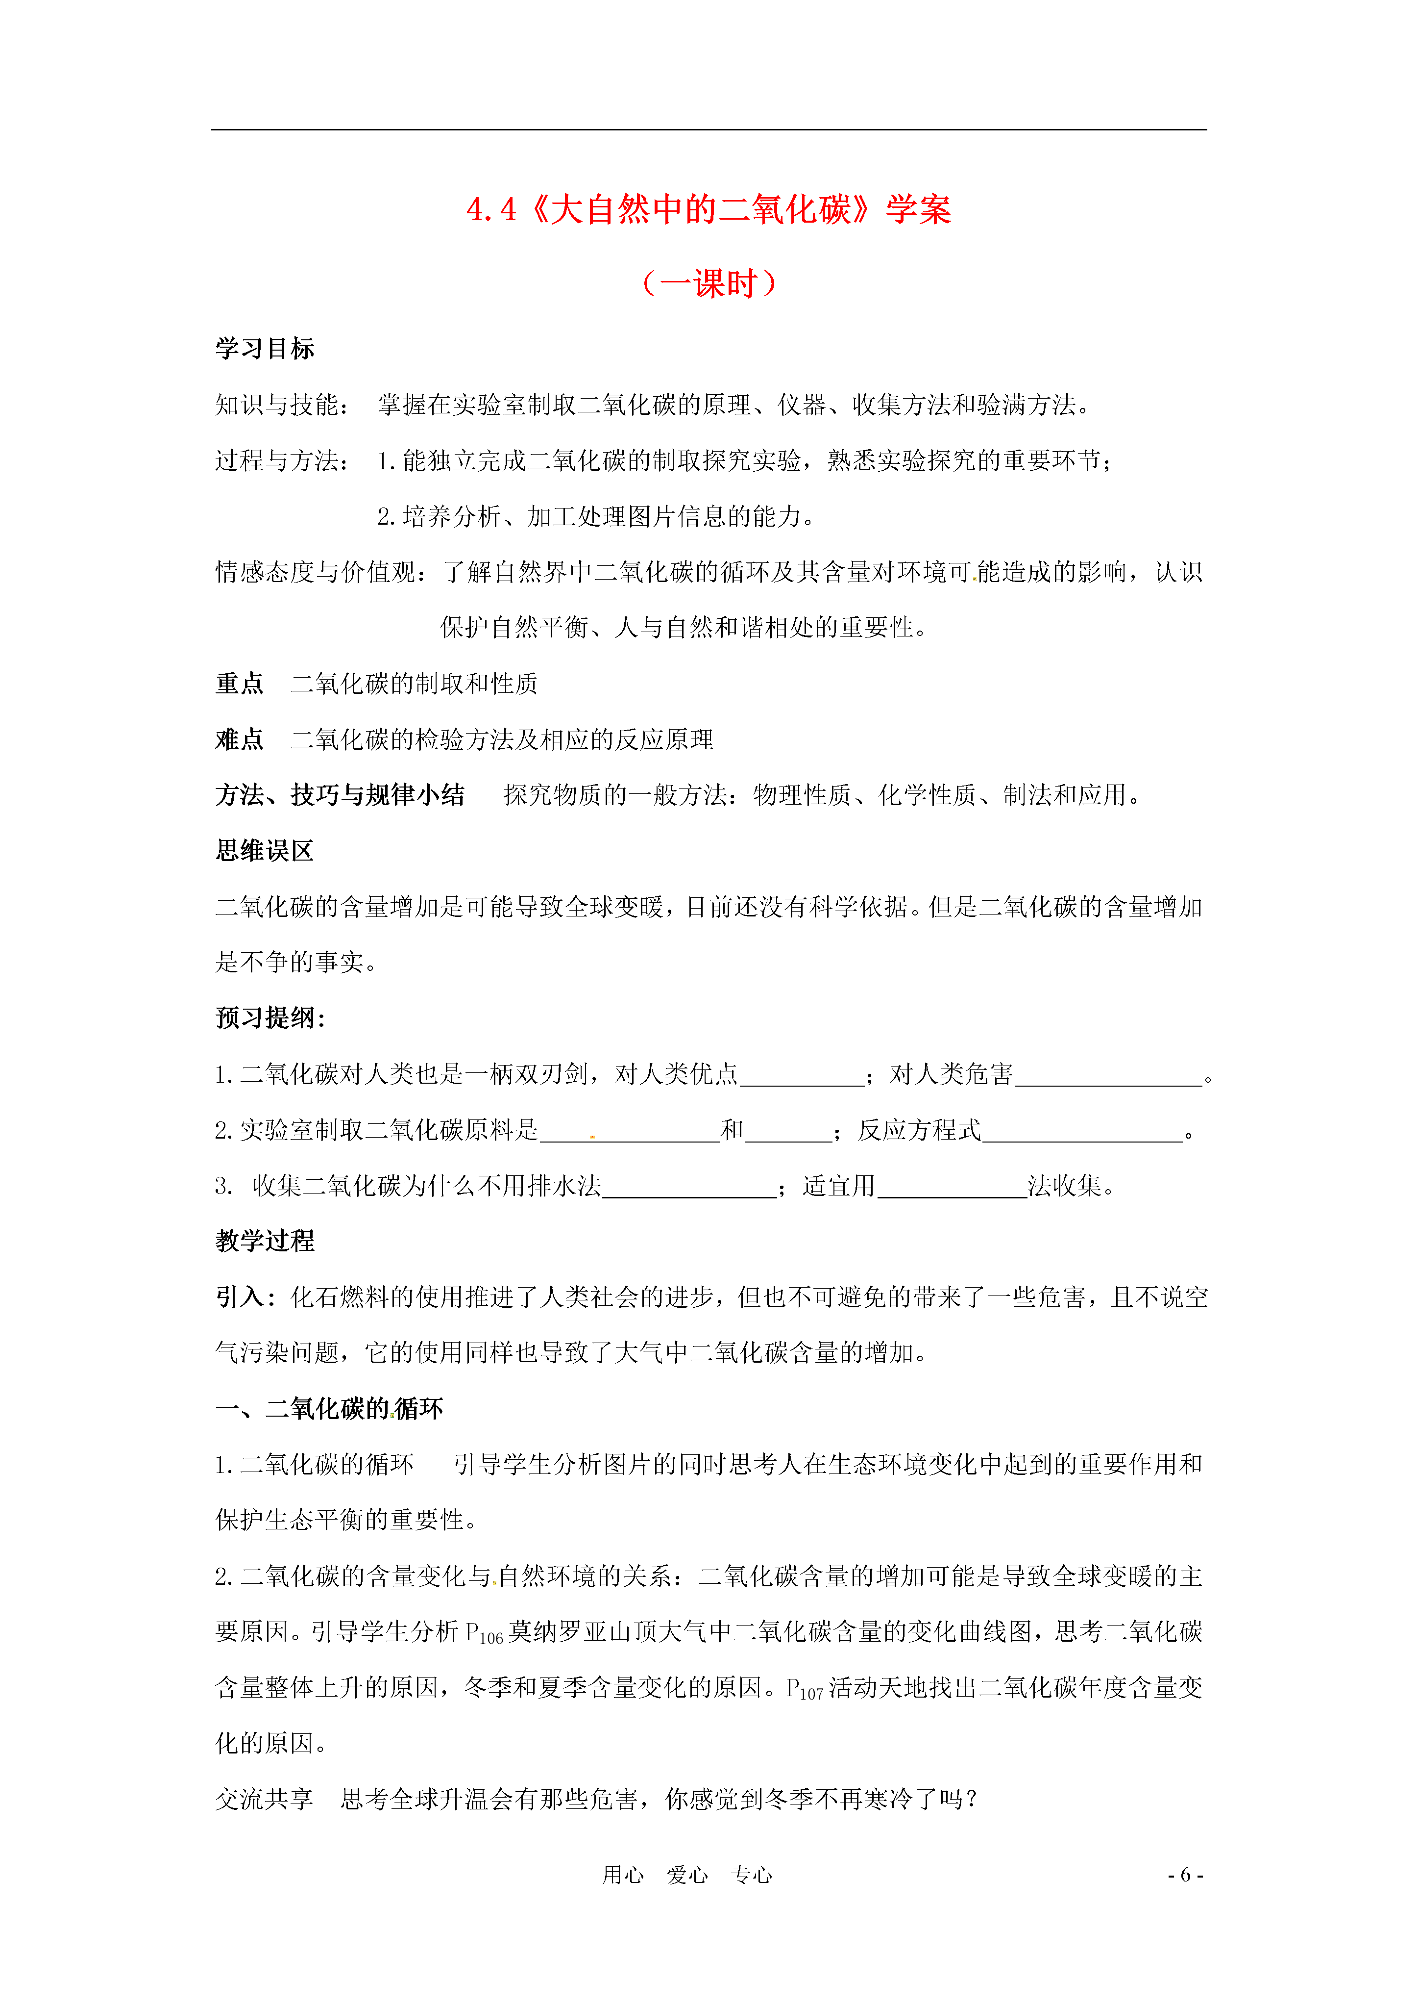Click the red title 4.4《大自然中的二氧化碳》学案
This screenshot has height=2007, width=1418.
click(x=709, y=210)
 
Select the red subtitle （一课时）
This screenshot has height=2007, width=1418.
click(x=709, y=283)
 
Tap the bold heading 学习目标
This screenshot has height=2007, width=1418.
click(x=265, y=349)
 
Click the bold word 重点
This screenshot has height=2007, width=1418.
click(x=240, y=684)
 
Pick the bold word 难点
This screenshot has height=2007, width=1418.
click(x=240, y=739)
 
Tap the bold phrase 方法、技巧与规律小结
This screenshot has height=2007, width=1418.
click(x=340, y=795)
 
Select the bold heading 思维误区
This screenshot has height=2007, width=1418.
click(x=265, y=851)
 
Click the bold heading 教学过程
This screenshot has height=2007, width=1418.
click(x=265, y=1241)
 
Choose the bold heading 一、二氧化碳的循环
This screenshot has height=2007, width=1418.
click(x=329, y=1409)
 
